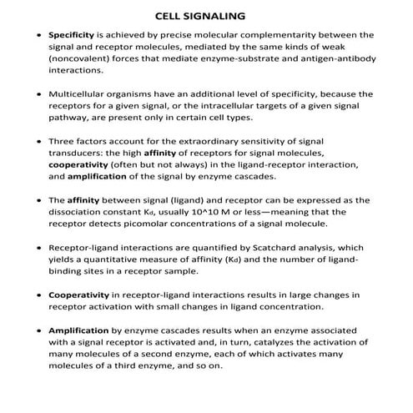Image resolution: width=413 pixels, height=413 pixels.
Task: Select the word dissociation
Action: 78,213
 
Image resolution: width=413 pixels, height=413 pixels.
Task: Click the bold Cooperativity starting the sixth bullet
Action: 77,295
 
